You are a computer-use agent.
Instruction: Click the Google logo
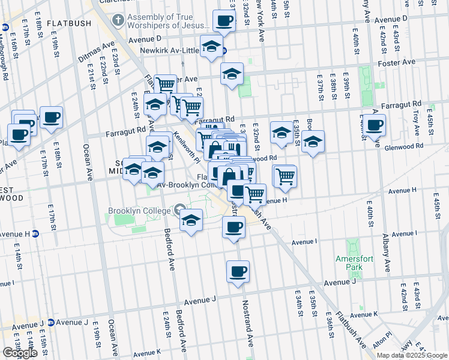(19, 353)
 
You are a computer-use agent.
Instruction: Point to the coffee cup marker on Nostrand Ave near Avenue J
(238, 271)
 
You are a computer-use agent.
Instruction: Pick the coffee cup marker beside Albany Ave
(374, 125)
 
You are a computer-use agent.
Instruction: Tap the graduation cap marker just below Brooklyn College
(191, 220)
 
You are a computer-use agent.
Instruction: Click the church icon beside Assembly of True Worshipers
(119, 21)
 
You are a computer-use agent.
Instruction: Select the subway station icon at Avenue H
(35, 234)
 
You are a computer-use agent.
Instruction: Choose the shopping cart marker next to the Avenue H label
(255, 194)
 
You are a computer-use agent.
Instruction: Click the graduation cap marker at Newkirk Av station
(211, 46)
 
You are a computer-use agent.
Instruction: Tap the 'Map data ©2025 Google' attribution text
(411, 355)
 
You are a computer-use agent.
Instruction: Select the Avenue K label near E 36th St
(364, 314)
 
